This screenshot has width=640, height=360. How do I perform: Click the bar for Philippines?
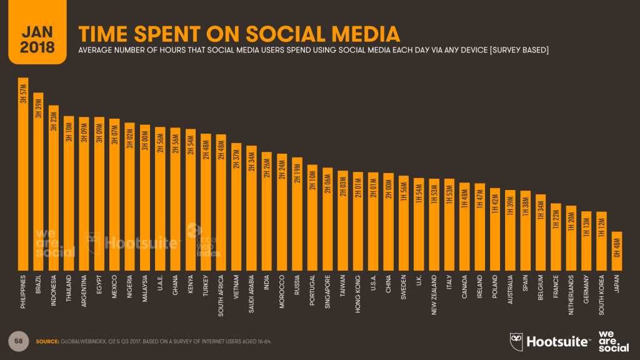[23, 181]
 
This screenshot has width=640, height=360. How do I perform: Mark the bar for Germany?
[586, 244]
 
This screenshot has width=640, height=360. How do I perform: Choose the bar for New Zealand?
[434, 224]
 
